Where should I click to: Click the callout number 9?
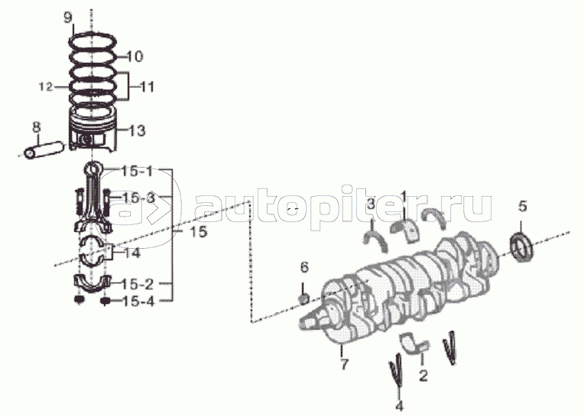tap(68, 18)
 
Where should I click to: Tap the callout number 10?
tap(134, 57)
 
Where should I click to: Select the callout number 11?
tap(146, 87)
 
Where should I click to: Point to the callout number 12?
tap(46, 87)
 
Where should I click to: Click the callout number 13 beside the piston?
tap(136, 130)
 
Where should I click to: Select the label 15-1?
tap(138, 170)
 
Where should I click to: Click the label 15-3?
tap(138, 198)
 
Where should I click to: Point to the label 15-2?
tap(138, 283)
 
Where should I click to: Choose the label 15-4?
tap(138, 302)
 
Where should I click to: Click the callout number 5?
tap(523, 205)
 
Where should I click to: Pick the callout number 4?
tap(398, 405)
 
